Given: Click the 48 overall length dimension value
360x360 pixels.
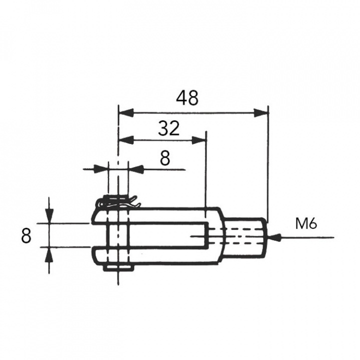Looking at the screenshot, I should tap(187, 98).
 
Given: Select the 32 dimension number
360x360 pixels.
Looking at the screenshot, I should tap(168, 129).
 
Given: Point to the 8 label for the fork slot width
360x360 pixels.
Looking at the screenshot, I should tap(26, 235).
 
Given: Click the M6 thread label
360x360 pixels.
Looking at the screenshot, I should tap(305, 223).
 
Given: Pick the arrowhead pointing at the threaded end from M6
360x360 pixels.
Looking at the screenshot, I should tap(274, 238).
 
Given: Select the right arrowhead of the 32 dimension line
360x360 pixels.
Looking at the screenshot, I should tap(199, 140).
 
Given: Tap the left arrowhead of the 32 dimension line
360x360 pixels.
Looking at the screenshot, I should tap(125, 140).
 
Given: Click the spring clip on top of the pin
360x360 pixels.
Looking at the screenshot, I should tap(119, 202).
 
